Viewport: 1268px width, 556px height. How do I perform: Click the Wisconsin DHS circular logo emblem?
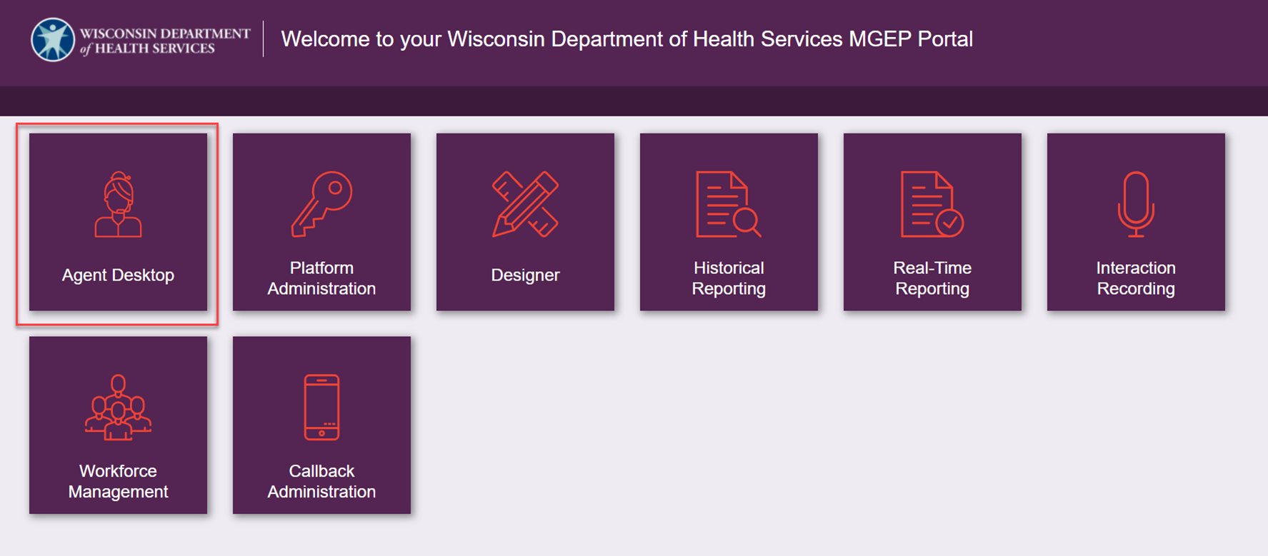click(53, 39)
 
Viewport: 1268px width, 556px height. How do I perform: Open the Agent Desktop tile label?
click(118, 275)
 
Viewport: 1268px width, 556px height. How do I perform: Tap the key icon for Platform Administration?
click(321, 204)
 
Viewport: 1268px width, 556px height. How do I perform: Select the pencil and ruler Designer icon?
click(525, 204)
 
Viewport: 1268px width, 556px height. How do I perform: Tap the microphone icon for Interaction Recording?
click(1136, 204)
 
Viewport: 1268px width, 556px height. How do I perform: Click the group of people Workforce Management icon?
click(118, 408)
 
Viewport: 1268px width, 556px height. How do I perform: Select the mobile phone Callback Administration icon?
click(321, 408)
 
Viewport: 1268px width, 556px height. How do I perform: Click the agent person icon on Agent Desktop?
click(118, 204)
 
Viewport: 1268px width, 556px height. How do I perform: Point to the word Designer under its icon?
click(525, 275)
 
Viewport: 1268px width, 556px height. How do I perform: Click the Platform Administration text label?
click(321, 278)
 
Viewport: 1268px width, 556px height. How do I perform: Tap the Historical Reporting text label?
click(729, 278)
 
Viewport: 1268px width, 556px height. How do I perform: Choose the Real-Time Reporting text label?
click(932, 278)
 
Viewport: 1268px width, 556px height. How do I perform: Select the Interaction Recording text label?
click(1136, 278)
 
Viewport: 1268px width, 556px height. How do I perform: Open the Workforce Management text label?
click(118, 481)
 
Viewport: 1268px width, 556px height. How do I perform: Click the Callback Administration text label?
click(321, 481)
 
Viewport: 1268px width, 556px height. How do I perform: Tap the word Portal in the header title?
click(945, 39)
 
